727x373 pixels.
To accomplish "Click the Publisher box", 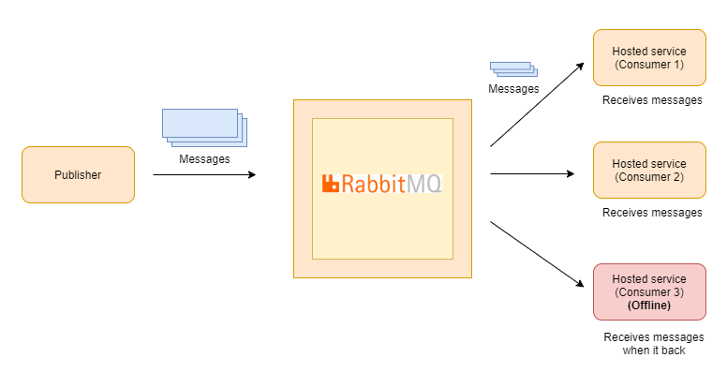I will coord(78,174).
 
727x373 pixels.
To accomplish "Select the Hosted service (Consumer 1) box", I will coord(649,57).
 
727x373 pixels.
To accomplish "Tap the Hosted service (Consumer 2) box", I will coord(649,170).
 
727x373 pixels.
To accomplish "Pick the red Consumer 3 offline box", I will coord(649,291).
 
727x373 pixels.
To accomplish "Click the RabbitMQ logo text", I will coord(381,184).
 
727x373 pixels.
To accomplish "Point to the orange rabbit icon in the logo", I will coord(330,184).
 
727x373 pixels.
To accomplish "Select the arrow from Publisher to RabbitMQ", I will coord(203,174).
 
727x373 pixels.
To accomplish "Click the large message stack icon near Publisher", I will coord(203,127).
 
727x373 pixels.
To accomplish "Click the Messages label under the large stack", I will coord(203,159).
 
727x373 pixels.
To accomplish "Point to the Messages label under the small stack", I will coord(514,89).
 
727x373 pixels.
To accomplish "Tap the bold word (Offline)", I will coord(649,306).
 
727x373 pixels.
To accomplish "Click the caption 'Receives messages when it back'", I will coord(653,344).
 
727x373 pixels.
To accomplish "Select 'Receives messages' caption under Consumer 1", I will coord(652,100).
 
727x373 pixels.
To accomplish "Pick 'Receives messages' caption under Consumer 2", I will coord(652,213).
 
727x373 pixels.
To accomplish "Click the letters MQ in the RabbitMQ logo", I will coord(425,184).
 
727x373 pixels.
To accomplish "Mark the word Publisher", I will coord(78,174).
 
